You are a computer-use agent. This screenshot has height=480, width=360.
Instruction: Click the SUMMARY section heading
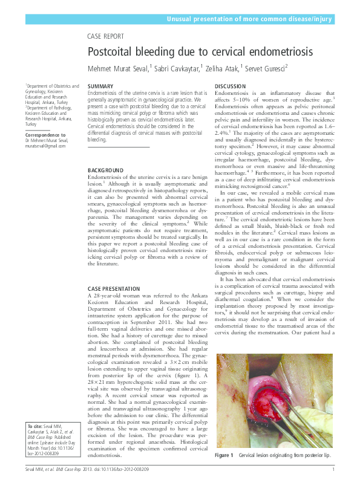pyautogui.click(x=100, y=87)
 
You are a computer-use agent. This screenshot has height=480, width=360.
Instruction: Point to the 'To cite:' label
pyautogui.click(x=34, y=427)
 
